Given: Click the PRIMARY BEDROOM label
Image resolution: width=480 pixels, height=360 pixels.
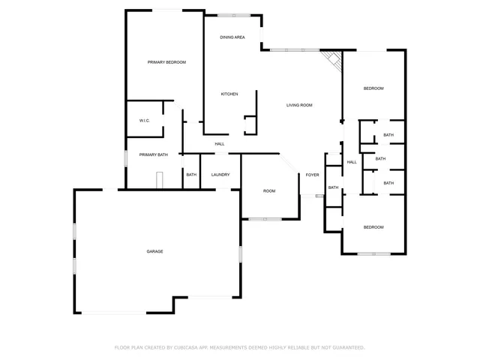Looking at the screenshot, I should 166,62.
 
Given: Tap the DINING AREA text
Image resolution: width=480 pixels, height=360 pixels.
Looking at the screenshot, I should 232,37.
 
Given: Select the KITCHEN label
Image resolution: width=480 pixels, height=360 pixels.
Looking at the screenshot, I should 229,94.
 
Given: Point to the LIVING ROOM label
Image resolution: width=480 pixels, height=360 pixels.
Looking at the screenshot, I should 299,105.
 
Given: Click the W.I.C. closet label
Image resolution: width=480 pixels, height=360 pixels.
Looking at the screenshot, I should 145,121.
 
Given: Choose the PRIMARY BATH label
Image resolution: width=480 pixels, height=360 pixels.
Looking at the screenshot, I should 154,154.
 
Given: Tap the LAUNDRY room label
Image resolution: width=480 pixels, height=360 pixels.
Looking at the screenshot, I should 220,175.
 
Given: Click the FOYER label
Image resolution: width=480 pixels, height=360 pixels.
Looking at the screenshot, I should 312,175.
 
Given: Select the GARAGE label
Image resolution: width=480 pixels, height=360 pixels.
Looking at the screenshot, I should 154,251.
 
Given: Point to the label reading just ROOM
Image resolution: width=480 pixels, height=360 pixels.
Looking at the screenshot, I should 269,191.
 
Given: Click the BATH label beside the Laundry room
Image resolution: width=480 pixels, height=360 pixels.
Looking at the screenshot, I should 191,175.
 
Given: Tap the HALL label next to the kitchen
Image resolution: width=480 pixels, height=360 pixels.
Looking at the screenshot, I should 220,144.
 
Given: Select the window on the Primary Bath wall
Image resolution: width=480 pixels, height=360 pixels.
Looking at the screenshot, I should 126,159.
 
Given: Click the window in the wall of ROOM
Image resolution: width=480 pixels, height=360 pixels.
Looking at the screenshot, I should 265,219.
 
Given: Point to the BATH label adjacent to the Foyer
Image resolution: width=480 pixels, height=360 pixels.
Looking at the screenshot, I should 334,187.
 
